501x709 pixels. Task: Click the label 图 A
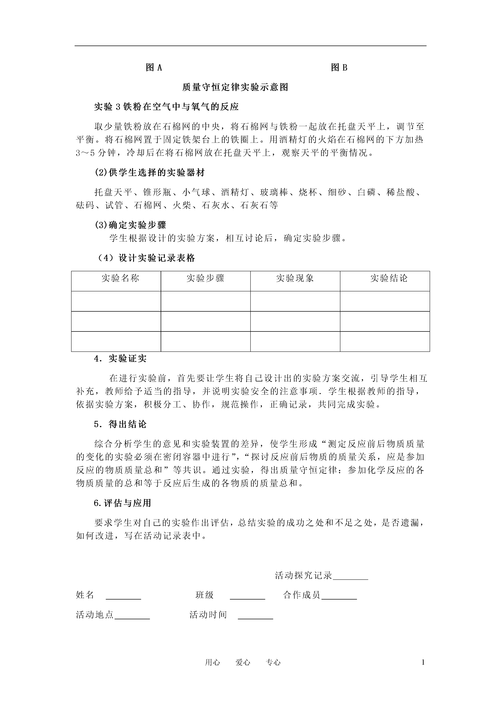pos(154,68)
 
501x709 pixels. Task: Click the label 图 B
pos(339,68)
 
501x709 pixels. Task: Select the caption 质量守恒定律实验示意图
pos(235,87)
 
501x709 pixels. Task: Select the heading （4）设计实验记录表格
pos(146,258)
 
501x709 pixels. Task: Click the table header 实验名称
pos(120,279)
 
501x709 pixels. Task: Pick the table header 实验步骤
pos(205,279)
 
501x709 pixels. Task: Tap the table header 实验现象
pos(295,279)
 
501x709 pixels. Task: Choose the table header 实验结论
pos(389,279)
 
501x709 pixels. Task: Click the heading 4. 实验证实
pos(120,359)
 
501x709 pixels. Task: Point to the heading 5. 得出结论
pos(120,425)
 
